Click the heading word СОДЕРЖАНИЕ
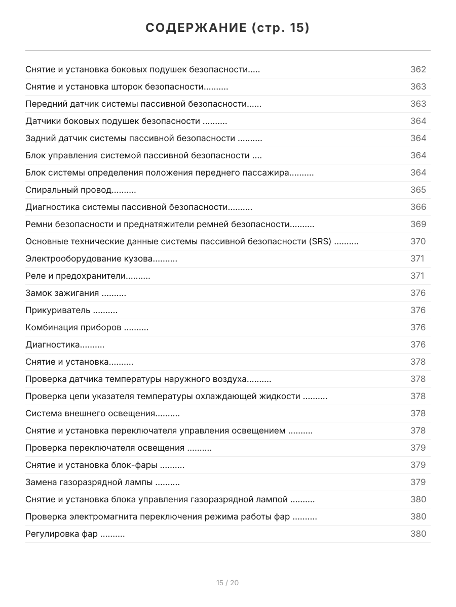[x=195, y=28]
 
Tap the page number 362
[x=418, y=69]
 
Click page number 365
[x=418, y=190]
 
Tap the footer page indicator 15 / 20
[x=227, y=583]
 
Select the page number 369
[x=418, y=224]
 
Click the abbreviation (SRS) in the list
[x=320, y=241]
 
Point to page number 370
[x=418, y=241]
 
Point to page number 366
[x=418, y=207]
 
